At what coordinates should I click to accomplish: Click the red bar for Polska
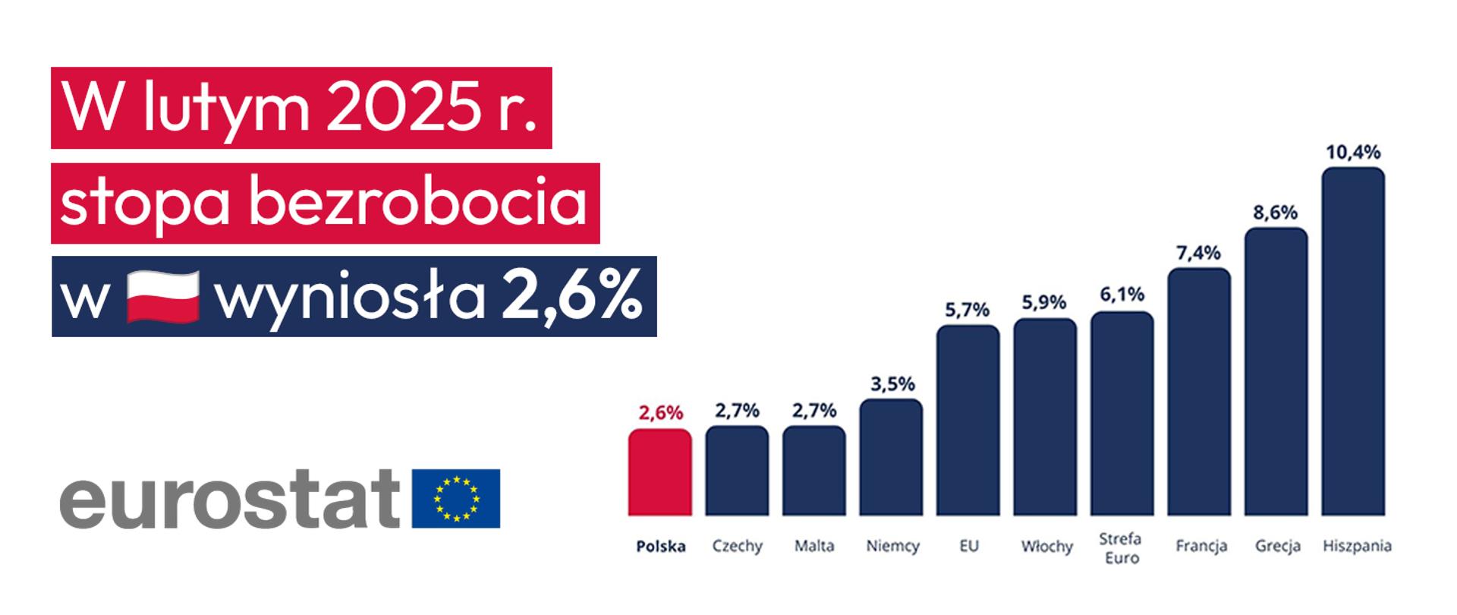click(x=659, y=472)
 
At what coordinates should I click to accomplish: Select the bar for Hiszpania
click(x=1353, y=342)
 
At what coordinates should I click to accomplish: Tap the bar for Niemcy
click(x=891, y=457)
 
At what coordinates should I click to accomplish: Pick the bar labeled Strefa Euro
click(x=1122, y=414)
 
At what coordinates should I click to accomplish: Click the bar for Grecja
click(x=1276, y=372)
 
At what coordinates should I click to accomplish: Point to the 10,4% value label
click(x=1353, y=153)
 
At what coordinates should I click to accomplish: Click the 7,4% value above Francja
click(x=1198, y=253)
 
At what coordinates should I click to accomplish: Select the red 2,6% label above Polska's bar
click(x=660, y=413)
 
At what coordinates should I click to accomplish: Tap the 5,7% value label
click(x=968, y=310)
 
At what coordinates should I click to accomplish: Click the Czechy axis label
click(x=737, y=546)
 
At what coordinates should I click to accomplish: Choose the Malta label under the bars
click(x=814, y=546)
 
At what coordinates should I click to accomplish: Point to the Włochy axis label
click(x=1046, y=547)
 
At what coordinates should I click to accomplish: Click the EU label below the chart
click(x=968, y=546)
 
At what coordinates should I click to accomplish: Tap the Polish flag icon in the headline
click(x=162, y=297)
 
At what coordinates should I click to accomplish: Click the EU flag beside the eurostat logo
click(x=456, y=498)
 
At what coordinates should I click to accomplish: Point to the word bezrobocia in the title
click(x=418, y=203)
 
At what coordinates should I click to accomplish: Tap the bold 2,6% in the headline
click(x=571, y=297)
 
